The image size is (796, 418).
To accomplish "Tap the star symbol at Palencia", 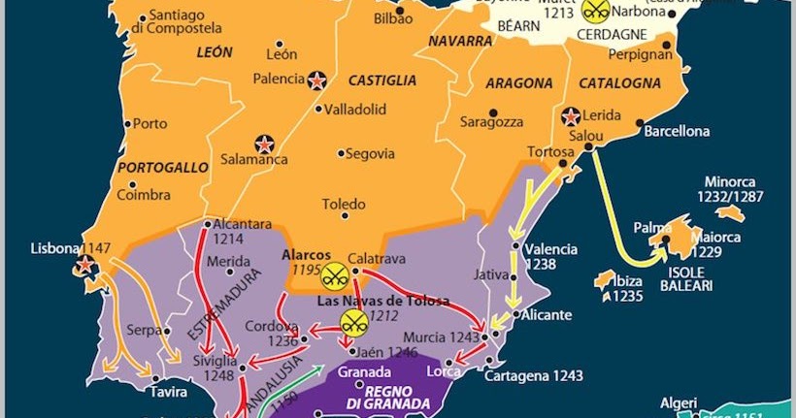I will coord(316,81).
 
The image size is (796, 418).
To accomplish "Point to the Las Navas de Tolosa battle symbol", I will coord(353,321).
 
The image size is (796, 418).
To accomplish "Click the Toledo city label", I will coord(344,205).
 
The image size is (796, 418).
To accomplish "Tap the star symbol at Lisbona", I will coord(86,265).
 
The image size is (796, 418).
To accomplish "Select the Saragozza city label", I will coord(491,123).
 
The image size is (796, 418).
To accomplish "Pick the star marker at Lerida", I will coord(572,115).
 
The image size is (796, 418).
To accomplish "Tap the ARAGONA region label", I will coord(518,83).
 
